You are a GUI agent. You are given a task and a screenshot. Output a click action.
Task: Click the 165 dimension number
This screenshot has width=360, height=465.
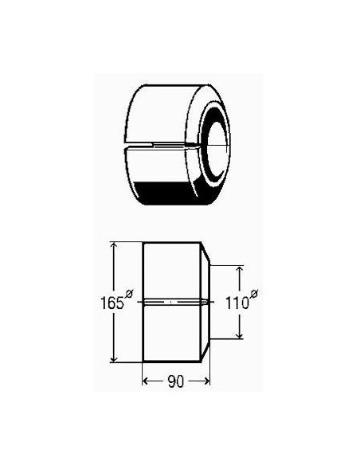[112, 303]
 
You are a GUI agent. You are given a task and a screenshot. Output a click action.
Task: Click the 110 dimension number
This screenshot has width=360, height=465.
[237, 303]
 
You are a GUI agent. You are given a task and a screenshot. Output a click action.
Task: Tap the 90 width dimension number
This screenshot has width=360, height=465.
[176, 381]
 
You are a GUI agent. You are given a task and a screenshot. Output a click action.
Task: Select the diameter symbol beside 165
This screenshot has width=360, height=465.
[129, 293]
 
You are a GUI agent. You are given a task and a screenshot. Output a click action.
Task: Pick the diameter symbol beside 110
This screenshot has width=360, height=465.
[254, 294]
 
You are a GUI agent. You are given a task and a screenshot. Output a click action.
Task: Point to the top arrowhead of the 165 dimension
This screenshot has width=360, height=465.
[114, 246]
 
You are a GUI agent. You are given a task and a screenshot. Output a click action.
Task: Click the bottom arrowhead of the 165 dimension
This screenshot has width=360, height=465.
[114, 358]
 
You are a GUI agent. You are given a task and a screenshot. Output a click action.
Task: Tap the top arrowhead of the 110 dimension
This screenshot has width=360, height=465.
[239, 270]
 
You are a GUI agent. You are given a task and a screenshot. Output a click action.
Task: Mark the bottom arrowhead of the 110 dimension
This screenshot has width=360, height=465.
[239, 334]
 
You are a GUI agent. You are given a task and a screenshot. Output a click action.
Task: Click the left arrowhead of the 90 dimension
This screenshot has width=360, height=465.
[147, 381]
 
